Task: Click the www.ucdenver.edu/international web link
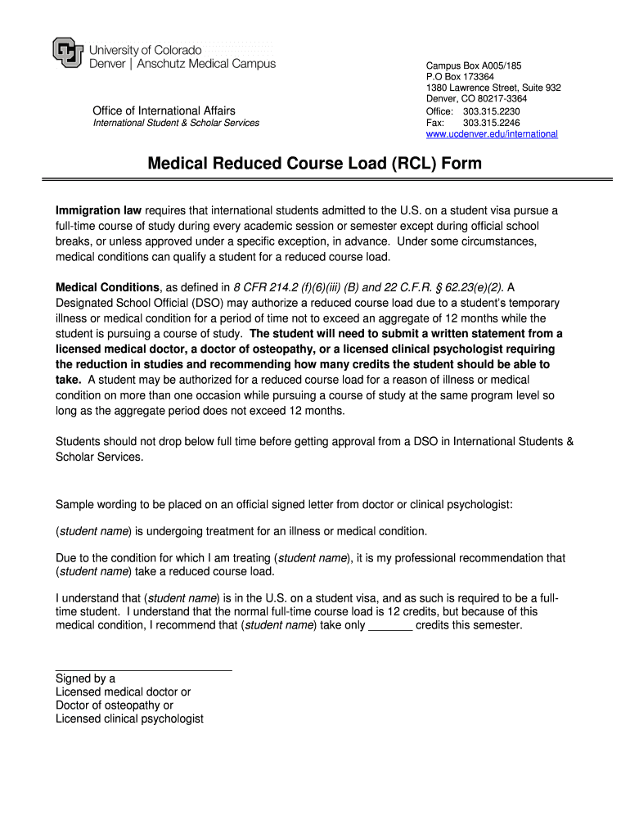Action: (x=492, y=133)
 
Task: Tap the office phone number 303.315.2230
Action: (x=491, y=111)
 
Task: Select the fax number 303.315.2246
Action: (x=491, y=123)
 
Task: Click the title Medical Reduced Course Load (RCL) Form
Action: (x=315, y=164)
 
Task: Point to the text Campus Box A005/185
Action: (x=474, y=65)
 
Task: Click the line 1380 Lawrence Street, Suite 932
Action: (x=493, y=88)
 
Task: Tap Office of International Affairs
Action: (x=164, y=110)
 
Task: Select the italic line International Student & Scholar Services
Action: (x=176, y=123)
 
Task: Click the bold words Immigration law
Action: (x=98, y=210)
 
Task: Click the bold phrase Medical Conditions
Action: (x=107, y=287)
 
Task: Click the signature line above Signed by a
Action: (x=143, y=670)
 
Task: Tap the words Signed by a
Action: (x=85, y=678)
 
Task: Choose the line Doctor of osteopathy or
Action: (x=115, y=705)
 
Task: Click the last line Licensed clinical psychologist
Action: (x=129, y=719)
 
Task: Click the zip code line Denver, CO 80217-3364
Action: (x=476, y=99)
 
